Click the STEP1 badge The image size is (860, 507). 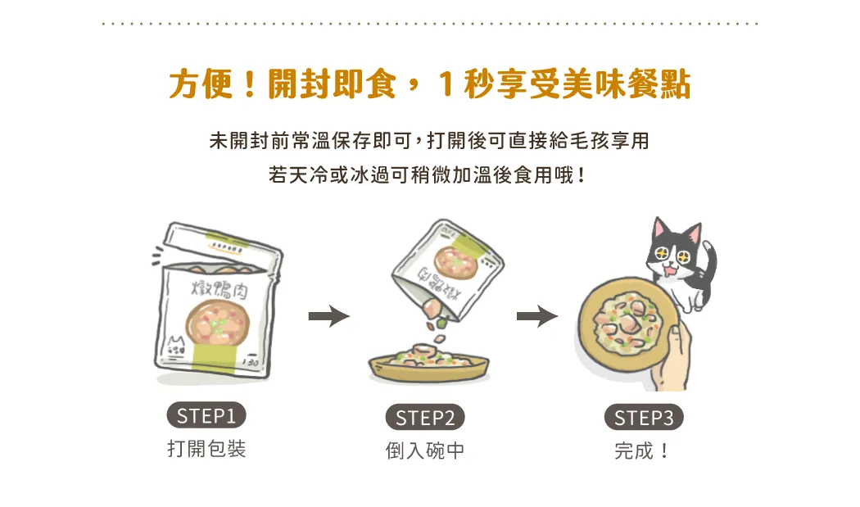(206, 415)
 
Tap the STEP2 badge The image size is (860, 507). (425, 418)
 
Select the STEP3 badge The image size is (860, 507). (643, 418)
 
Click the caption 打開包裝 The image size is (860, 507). (206, 449)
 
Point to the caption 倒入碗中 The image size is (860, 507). (425, 451)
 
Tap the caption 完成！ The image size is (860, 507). (641, 451)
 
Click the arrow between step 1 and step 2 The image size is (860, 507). (329, 316)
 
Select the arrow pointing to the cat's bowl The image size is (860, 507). (537, 316)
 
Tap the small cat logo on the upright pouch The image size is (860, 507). (175, 346)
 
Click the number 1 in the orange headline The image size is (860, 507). (446, 84)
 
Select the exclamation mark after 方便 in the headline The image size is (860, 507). (250, 84)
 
